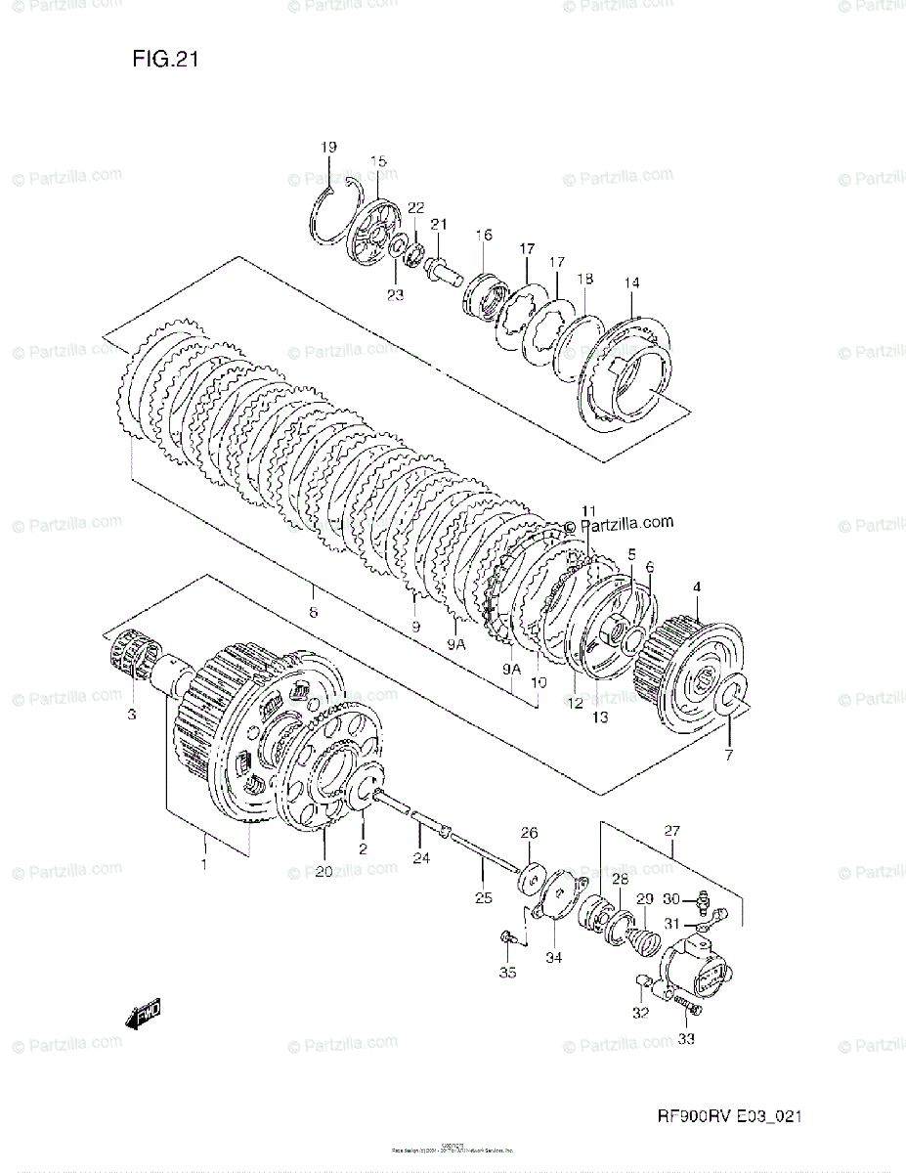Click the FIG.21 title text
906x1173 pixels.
click(166, 60)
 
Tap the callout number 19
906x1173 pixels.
click(327, 147)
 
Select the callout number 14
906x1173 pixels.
click(631, 283)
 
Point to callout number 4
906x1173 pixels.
click(697, 586)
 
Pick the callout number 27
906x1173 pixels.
click(672, 832)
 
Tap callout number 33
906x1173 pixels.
click(686, 1039)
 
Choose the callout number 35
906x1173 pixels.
click(506, 972)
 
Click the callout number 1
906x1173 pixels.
click(204, 864)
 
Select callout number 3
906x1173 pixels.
click(131, 716)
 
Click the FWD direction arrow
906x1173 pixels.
click(143, 1016)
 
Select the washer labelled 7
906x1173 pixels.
click(733, 700)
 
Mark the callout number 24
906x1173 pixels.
click(420, 860)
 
